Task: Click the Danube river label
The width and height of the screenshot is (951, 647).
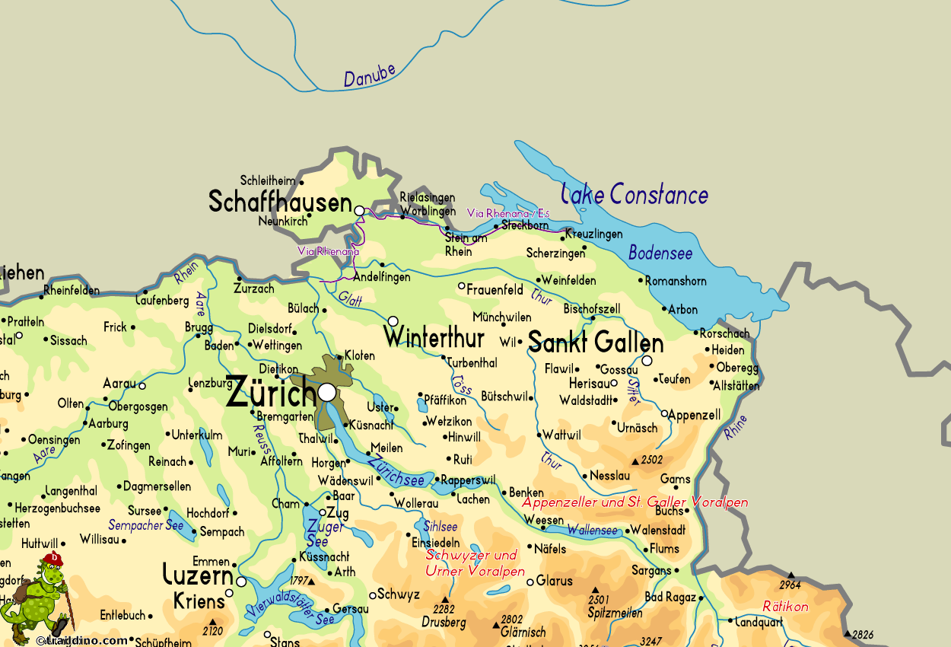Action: (x=370, y=75)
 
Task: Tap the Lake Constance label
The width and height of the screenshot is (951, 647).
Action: (x=635, y=195)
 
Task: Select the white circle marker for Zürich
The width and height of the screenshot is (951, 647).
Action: (x=327, y=392)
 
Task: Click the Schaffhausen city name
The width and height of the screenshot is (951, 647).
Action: (x=280, y=202)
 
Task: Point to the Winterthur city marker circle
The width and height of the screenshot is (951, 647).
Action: (x=393, y=321)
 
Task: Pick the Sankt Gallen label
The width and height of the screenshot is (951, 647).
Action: (x=596, y=343)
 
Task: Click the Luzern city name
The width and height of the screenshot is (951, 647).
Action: (x=198, y=575)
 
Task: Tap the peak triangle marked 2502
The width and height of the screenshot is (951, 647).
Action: (x=635, y=461)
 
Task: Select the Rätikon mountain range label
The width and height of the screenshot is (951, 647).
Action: (x=785, y=607)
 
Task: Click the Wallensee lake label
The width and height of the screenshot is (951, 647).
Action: (x=593, y=529)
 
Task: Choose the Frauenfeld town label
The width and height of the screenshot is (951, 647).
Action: (x=495, y=290)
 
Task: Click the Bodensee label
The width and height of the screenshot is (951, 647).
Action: (x=660, y=253)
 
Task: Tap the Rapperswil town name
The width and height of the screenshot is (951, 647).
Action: (x=468, y=480)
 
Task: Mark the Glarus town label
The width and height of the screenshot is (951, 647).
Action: (x=554, y=581)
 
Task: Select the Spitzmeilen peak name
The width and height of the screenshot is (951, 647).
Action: (x=615, y=613)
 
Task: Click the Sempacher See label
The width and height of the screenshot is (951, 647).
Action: (x=145, y=525)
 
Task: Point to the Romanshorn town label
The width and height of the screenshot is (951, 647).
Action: (x=676, y=281)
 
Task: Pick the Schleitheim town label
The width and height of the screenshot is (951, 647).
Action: (x=267, y=181)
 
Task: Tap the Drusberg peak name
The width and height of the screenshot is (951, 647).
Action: (x=444, y=623)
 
